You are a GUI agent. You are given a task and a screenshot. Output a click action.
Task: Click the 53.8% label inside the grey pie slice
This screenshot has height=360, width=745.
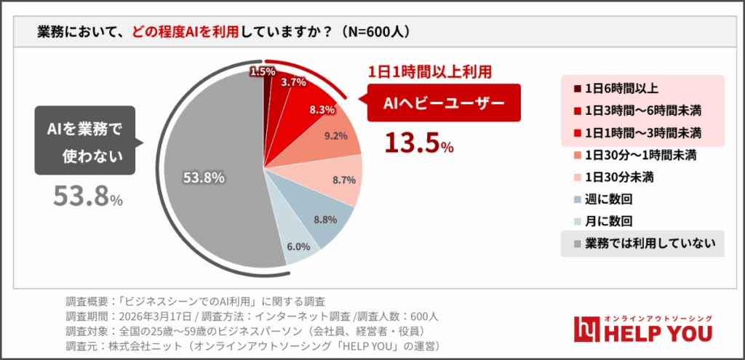(x=203, y=177)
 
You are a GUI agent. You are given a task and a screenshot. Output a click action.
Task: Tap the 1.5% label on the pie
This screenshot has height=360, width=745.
(x=262, y=71)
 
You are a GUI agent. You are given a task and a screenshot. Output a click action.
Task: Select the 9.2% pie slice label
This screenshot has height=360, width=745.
(x=335, y=135)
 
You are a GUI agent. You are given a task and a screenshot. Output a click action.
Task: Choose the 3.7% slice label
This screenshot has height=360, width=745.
(x=293, y=82)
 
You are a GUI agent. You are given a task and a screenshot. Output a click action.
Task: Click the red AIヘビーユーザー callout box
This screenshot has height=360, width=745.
(x=444, y=103)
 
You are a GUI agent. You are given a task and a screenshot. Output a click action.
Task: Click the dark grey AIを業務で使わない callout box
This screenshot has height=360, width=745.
(x=85, y=141)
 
